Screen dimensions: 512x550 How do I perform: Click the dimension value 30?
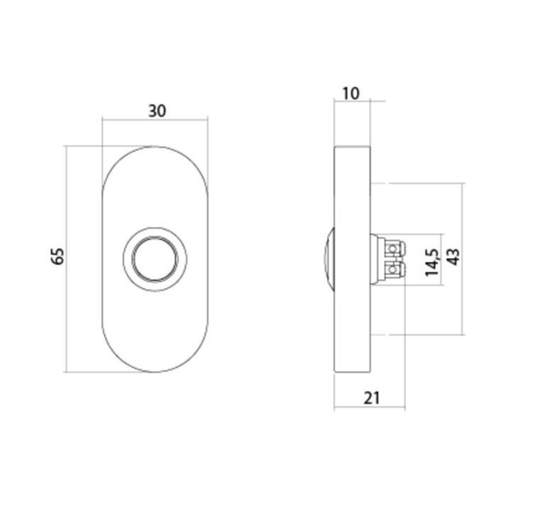click(157, 111)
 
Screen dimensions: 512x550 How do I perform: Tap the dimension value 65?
click(58, 255)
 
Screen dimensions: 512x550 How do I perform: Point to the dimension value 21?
click(372, 397)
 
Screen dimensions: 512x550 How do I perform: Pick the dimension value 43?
click(453, 257)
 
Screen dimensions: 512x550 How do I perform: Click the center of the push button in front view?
click(155, 259)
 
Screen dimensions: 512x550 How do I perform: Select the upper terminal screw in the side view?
click(392, 248)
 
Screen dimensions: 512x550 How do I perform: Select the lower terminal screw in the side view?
click(392, 269)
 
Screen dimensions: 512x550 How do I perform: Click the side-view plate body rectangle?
click(352, 317)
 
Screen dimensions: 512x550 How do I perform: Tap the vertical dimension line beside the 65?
click(67, 307)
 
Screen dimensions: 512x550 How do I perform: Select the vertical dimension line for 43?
click(463, 307)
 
